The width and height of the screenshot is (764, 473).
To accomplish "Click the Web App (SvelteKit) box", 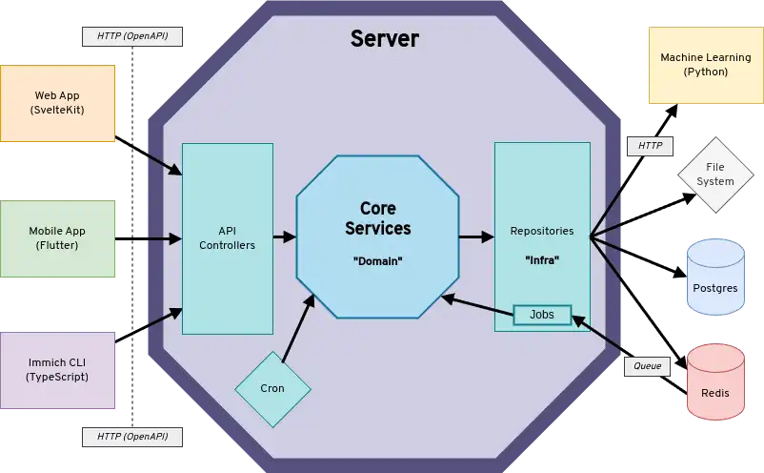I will [x=57, y=103].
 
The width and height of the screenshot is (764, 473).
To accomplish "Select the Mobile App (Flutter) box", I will [x=57, y=238].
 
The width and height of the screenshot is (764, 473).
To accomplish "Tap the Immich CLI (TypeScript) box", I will [x=57, y=370].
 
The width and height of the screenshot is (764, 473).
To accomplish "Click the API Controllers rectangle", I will [x=227, y=238].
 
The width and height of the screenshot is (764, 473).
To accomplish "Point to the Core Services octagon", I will [x=377, y=236].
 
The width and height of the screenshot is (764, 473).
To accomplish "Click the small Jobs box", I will [x=541, y=314].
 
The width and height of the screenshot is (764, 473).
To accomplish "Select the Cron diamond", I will [x=272, y=388].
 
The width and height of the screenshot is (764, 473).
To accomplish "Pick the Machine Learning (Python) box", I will [x=706, y=65].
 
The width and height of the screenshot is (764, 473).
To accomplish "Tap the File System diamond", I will [x=715, y=175].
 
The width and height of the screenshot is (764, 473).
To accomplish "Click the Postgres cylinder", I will [x=715, y=278].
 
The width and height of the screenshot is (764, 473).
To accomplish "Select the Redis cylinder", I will [x=715, y=383].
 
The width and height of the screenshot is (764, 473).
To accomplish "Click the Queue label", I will [x=647, y=366].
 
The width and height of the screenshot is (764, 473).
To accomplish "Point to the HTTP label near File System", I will [x=650, y=146].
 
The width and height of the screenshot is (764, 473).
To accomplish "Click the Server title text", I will [x=385, y=39].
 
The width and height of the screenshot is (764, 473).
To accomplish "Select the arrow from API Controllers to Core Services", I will [x=284, y=236].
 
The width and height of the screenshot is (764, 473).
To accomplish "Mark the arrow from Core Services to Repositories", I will [x=475, y=236].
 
